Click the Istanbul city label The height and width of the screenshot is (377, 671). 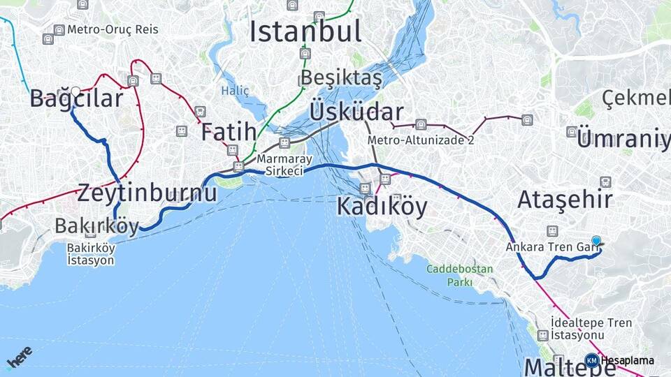pyautogui.click(x=305, y=31)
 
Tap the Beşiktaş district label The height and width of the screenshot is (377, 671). pyautogui.click(x=342, y=78)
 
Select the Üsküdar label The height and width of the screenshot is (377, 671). pyautogui.click(x=356, y=112)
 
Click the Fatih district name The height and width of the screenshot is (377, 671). pyautogui.click(x=229, y=132)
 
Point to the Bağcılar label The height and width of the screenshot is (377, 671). pyautogui.click(x=76, y=99)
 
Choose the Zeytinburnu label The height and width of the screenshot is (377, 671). pyautogui.click(x=147, y=193)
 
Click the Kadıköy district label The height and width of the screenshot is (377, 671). pyautogui.click(x=382, y=207)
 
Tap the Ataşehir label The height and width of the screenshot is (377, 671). pyautogui.click(x=565, y=200)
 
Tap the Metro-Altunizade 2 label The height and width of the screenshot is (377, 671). pyautogui.click(x=421, y=140)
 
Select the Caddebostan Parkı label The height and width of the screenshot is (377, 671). pyautogui.click(x=460, y=276)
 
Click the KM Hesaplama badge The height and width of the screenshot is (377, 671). pyautogui.click(x=619, y=361)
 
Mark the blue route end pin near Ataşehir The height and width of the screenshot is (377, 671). pyautogui.click(x=596, y=241)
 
